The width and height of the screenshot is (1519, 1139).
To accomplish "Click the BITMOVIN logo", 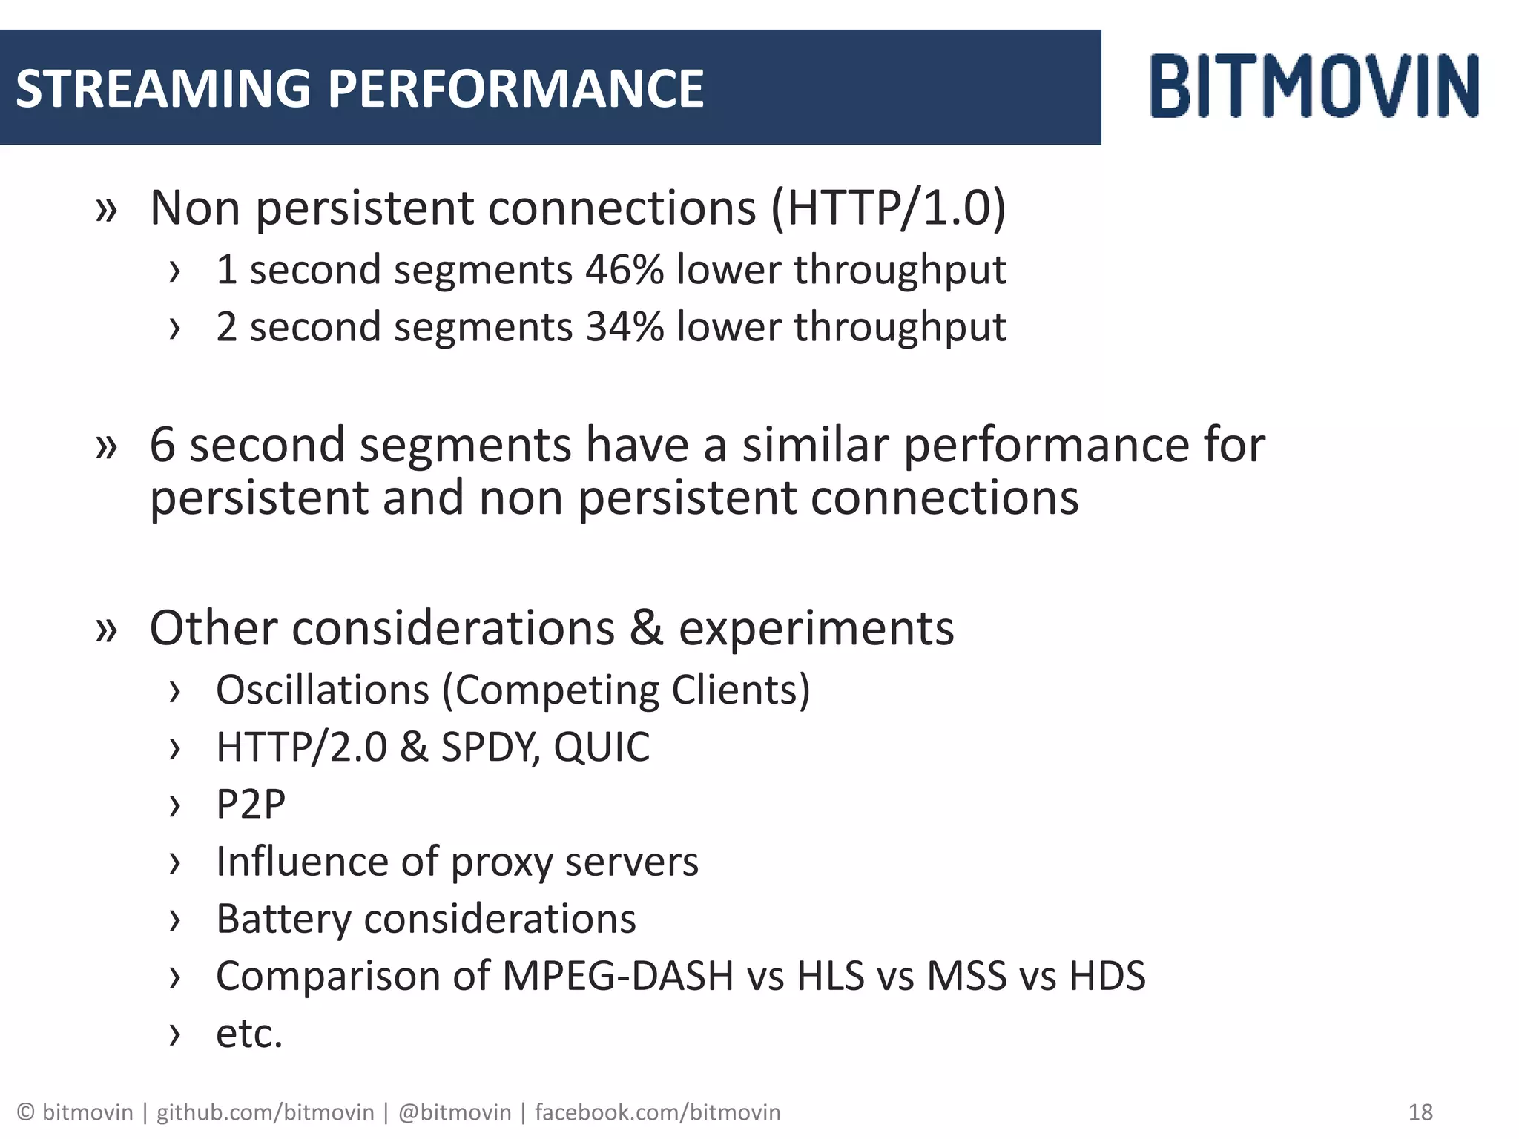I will tap(1314, 86).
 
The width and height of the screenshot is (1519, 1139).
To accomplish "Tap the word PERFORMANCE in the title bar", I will tap(515, 88).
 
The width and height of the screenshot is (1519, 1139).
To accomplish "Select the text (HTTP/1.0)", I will tap(889, 208).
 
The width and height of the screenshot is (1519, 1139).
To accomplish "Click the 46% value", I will tap(625, 269).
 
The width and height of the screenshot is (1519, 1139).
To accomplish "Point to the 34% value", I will tap(625, 327).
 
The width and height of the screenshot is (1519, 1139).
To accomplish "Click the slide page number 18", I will tap(1420, 1112).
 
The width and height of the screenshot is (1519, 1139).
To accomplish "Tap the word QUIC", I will tap(602, 747).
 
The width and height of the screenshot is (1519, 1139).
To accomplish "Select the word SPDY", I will tap(490, 747).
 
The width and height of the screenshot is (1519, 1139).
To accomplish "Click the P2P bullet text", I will tap(251, 805).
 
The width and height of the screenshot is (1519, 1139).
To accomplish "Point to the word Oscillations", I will tap(323, 690).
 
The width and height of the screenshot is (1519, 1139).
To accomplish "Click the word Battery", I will tap(283, 920).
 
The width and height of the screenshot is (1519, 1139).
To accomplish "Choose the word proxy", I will tap(501, 863).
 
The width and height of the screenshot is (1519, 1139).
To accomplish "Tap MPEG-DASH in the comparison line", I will tap(618, 977).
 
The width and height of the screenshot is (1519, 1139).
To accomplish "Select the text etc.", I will tap(249, 1034).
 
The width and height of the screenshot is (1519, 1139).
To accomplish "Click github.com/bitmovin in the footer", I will tap(265, 1112).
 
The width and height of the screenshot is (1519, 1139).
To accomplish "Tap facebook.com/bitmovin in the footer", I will tap(657, 1112).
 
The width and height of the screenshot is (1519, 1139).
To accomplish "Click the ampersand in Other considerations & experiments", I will tap(646, 629).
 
